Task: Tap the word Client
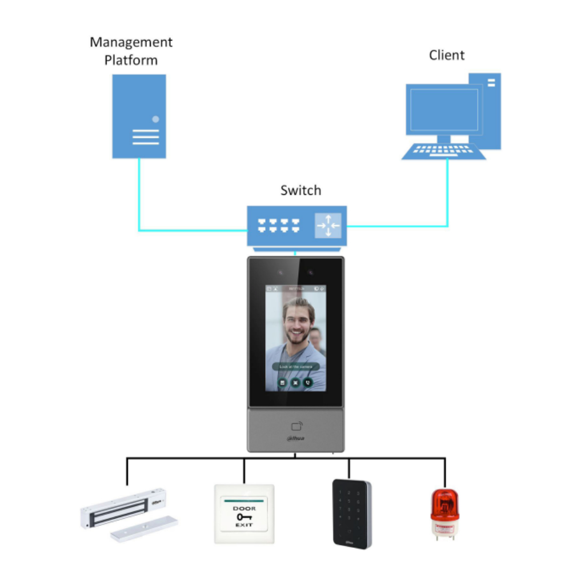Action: point(447,55)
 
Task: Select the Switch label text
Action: point(300,190)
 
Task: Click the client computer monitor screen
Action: point(442,110)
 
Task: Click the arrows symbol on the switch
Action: point(328,226)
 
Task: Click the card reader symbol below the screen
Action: point(296,426)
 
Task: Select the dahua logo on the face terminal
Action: point(295,439)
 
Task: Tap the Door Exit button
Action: point(244,514)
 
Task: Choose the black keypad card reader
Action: point(351,514)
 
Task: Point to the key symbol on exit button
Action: point(244,516)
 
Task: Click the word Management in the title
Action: point(131,42)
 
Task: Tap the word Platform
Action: point(131,60)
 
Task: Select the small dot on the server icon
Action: point(155,119)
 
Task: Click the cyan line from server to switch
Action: point(139,200)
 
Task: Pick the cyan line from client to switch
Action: point(447,194)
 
